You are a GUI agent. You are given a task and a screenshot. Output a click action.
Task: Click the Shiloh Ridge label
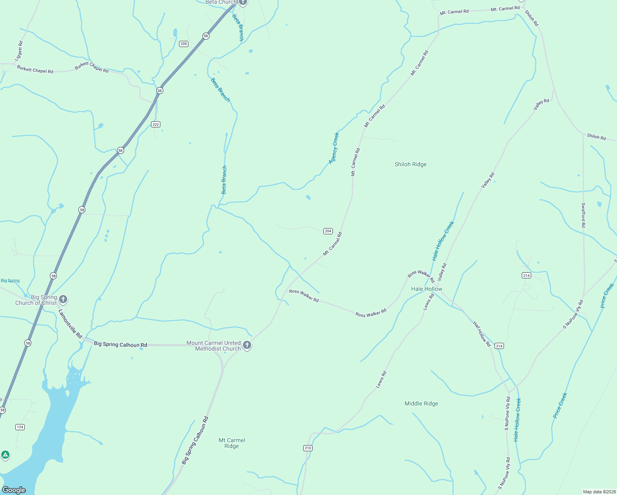[410, 164]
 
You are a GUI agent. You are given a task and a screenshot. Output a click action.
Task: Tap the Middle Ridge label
[421, 403]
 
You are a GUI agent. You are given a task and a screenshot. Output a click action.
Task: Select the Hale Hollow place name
[426, 289]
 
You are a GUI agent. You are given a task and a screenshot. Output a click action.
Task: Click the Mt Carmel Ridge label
[232, 443]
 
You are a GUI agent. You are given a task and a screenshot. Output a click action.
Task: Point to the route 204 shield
[328, 231]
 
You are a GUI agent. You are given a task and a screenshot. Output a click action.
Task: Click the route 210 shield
[308, 448]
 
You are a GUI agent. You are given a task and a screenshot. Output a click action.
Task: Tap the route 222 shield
[155, 124]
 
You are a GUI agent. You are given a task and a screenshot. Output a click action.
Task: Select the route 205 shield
[184, 44]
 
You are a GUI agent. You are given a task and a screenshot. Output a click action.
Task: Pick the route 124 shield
[20, 427]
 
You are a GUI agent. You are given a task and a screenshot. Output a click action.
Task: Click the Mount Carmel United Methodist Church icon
[247, 345]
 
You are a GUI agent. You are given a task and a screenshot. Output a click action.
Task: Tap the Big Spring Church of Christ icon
[63, 299]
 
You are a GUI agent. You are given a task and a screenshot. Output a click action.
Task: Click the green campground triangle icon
[5, 455]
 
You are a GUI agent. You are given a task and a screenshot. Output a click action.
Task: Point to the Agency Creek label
[334, 148]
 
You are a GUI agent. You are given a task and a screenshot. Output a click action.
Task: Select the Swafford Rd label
[583, 215]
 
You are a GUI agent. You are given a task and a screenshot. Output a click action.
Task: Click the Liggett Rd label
[19, 51]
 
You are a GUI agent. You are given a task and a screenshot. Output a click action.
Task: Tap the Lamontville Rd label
[70, 324]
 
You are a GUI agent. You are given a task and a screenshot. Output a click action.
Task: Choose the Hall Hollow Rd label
[482, 334]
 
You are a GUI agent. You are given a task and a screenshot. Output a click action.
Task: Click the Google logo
[14, 490]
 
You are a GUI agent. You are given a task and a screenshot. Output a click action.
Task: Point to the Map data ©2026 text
[599, 492]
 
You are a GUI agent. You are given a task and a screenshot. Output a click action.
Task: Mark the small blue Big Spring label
[10, 280]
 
